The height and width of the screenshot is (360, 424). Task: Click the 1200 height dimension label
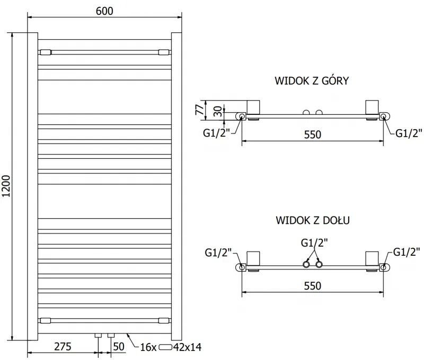(7, 186)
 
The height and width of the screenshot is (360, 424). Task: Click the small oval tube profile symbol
(166, 347)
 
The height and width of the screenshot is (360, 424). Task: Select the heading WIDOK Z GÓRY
(311, 80)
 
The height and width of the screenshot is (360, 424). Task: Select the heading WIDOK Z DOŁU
(311, 219)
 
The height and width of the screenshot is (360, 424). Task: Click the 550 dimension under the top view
(313, 134)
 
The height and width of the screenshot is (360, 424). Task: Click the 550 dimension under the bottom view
(313, 286)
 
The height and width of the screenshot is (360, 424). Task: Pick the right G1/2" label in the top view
(409, 132)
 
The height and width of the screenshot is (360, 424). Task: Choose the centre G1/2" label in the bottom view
(314, 243)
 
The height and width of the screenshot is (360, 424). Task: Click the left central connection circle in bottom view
(306, 264)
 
